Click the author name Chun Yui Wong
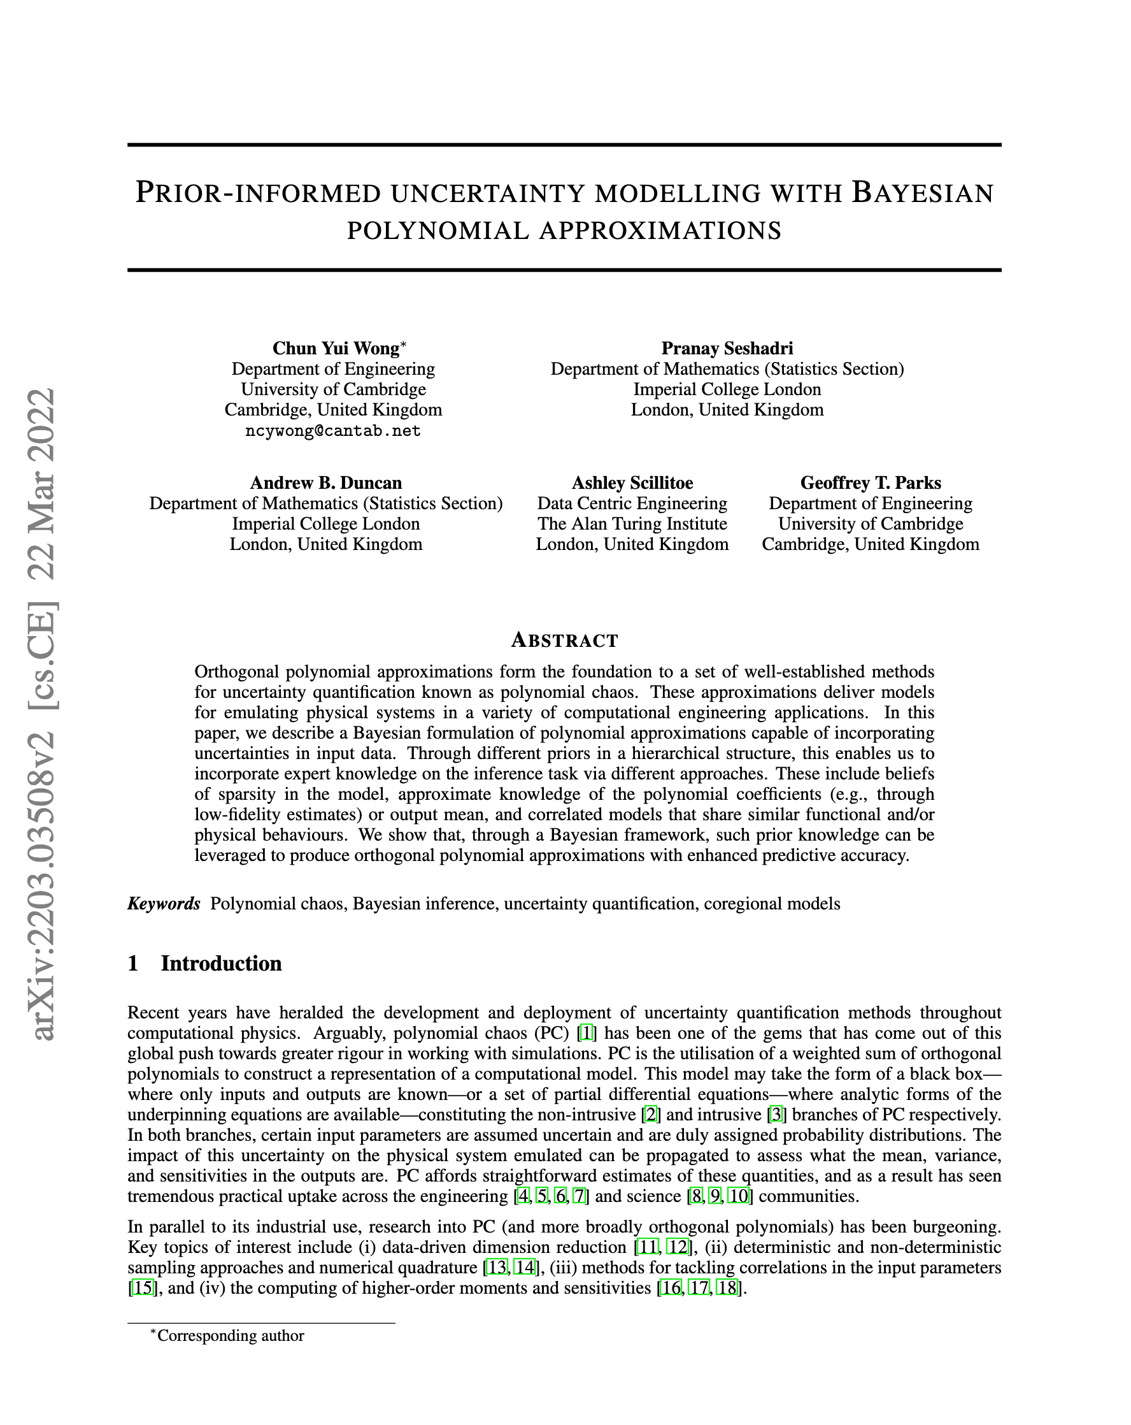coord(336,349)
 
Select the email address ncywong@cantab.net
coord(333,431)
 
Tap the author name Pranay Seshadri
coord(727,349)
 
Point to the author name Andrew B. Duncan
coord(325,482)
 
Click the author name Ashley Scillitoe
coord(632,482)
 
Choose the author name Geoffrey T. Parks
coord(870,482)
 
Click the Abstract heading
coord(565,640)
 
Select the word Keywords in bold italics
coord(164,904)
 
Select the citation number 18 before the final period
coord(727,1288)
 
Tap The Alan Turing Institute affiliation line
coord(632,524)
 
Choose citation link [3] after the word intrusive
coord(776,1115)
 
